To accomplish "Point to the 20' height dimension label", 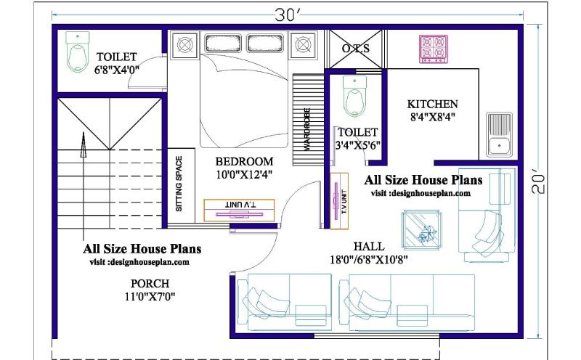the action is pos(538,181).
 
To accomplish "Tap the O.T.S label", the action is pos(356,49).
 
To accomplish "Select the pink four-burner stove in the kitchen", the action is pos(434,49).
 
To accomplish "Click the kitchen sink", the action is pos(500,134).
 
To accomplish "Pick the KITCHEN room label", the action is pos(432,104).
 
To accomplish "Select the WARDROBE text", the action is pos(307,129).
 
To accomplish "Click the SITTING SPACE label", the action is pos(179,184).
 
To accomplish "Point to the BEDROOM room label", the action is pos(244,161).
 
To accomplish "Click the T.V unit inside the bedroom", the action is pos(240,210).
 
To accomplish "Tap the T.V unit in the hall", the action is pos(339,201).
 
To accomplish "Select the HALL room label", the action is pos(369,246).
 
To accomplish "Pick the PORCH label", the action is pos(150,284).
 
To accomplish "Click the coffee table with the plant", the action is pos(423,230).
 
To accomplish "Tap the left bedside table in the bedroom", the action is pos(184,45).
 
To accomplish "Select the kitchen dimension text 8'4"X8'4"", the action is pos(432,118).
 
